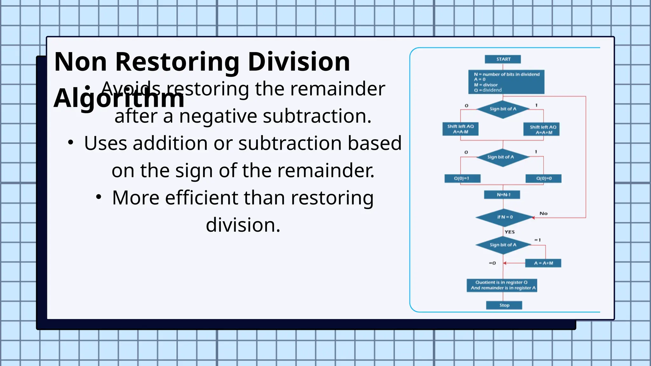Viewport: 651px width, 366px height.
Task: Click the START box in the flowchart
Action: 503,59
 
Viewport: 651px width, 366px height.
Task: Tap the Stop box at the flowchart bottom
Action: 504,305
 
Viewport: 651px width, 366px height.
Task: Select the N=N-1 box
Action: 502,194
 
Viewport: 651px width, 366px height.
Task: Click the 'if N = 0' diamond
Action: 504,217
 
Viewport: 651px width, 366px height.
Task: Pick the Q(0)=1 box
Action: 462,179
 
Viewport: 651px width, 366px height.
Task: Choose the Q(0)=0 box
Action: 543,179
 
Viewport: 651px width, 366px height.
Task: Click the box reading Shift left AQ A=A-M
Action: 460,129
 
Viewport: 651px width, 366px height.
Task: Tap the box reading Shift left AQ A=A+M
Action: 541,130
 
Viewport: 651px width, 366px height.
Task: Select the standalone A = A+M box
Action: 543,263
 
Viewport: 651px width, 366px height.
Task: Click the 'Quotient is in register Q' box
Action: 502,285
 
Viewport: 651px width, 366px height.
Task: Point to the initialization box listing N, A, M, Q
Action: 506,82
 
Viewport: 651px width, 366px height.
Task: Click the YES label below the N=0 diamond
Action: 509,232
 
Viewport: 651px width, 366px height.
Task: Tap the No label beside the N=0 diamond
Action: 543,213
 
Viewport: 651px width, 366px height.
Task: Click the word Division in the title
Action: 298,62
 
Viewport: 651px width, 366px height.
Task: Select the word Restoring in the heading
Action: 177,62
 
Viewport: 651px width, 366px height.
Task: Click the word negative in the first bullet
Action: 218,116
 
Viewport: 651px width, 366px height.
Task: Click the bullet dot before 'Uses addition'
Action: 71,143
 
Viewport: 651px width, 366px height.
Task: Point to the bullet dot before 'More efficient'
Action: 99,197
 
